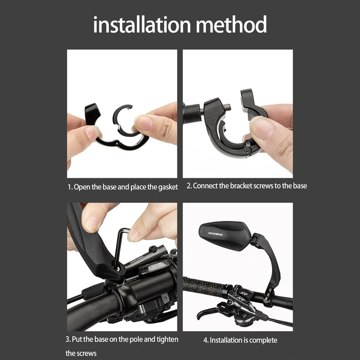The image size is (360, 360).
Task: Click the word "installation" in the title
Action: pyautogui.click(x=142, y=25)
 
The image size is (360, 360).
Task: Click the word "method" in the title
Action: pyautogui.click(x=231, y=25)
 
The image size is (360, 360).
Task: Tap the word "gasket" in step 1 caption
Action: pyautogui.click(x=168, y=187)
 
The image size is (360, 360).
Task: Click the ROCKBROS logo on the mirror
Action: pyautogui.click(x=216, y=234)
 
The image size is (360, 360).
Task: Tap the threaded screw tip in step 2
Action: pyautogui.click(x=227, y=107)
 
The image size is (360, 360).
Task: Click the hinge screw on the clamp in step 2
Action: pyautogui.click(x=247, y=152)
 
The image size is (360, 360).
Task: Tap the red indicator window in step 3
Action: pyautogui.click(x=150, y=268)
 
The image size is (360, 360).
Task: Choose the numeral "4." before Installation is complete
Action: pyautogui.click(x=206, y=340)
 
